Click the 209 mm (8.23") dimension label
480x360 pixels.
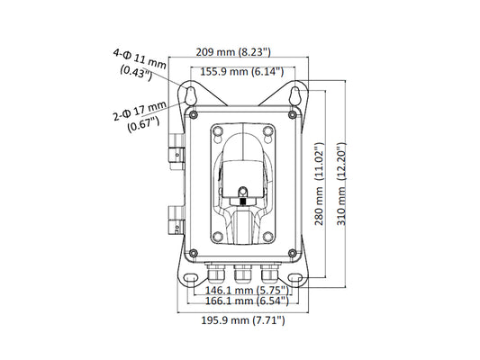click(233, 52)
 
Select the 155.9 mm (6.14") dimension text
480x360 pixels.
click(242, 72)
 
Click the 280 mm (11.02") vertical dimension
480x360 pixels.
click(319, 184)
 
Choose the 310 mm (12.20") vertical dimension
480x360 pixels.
click(341, 184)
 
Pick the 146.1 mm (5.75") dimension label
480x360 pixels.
click(247, 290)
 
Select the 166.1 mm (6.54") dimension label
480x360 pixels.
click(247, 301)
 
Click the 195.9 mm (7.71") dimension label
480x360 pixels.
click(243, 320)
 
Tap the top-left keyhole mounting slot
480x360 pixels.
click(190, 95)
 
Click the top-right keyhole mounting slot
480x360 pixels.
click(295, 95)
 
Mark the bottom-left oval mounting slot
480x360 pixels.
click(190, 278)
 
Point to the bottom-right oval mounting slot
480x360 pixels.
click(295, 278)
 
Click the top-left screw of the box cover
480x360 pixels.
click(193, 115)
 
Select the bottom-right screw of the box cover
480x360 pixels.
click(293, 253)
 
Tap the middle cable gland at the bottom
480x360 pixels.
click(243, 273)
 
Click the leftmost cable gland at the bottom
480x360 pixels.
click(216, 273)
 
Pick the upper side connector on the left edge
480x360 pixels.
click(177, 152)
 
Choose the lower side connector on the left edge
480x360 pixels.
click(177, 220)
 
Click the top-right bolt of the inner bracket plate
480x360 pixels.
click(267, 131)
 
